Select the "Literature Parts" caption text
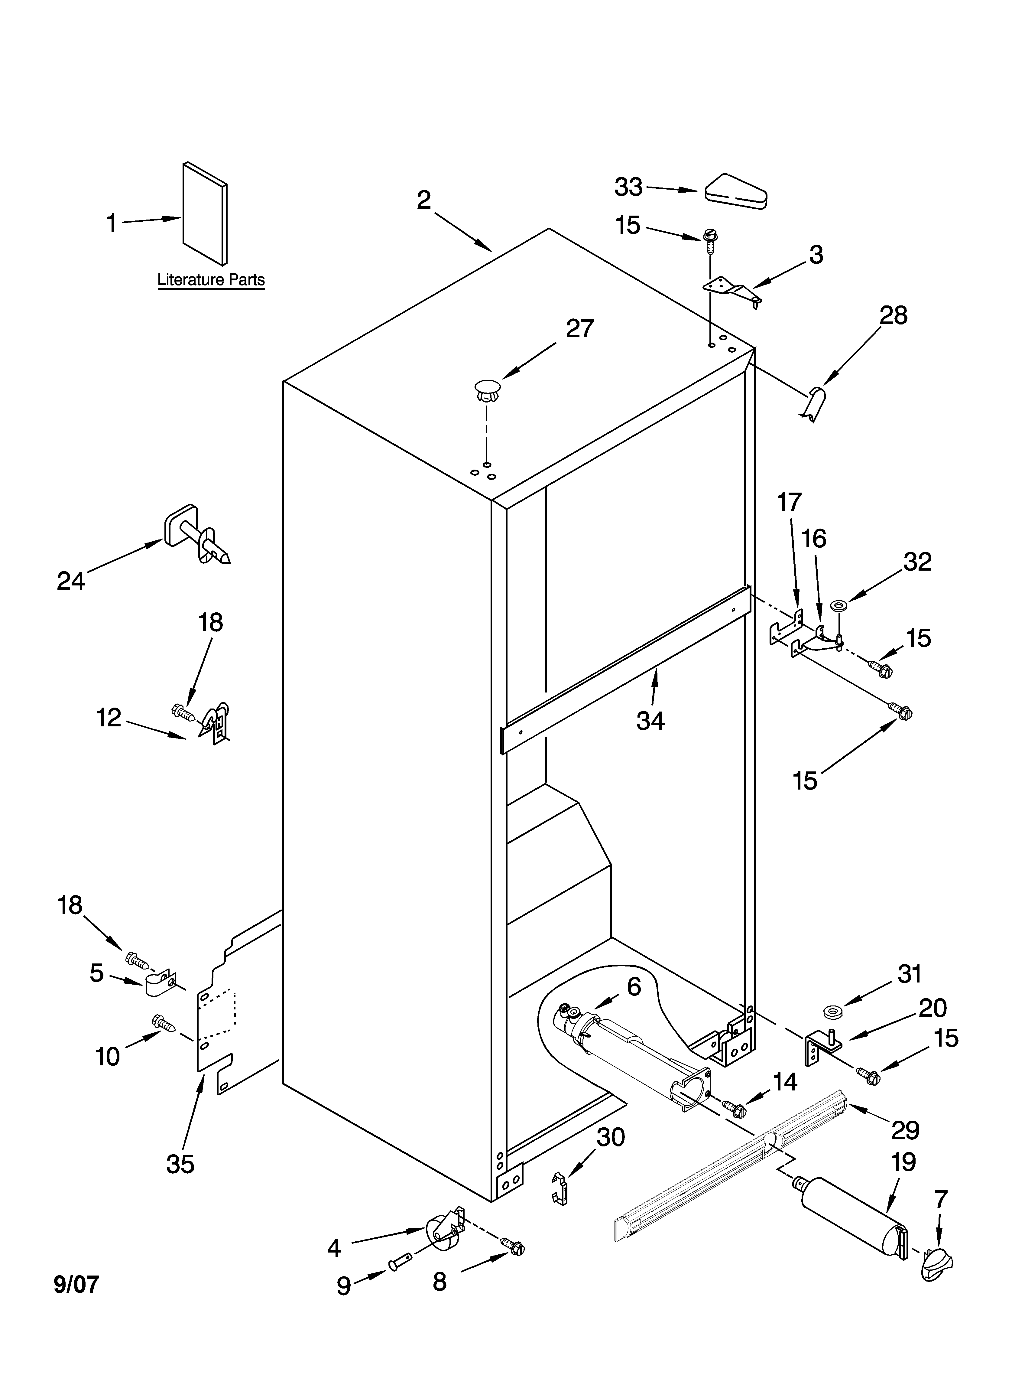point(211,280)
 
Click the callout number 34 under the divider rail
point(650,720)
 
